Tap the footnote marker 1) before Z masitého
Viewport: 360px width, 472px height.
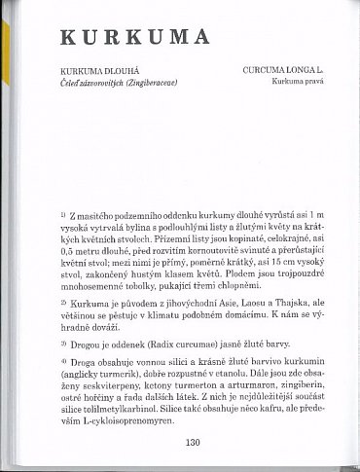point(62,212)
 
